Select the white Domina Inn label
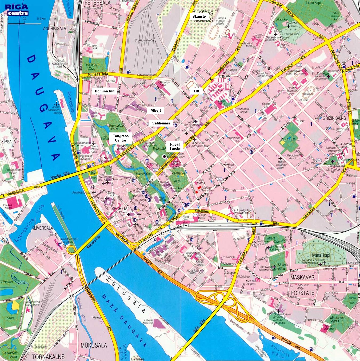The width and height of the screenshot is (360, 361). [x=105, y=91]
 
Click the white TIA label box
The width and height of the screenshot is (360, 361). [x=196, y=91]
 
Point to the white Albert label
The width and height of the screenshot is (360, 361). [x=155, y=110]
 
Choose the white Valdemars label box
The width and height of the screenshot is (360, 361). [x=161, y=123]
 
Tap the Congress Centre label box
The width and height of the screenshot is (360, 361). [x=121, y=138]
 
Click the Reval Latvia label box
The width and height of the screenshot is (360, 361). [x=175, y=147]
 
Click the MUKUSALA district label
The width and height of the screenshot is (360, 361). [x=94, y=345]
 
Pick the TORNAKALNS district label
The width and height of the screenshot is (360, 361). [x=48, y=356]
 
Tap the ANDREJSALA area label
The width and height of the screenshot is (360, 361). [x=55, y=28]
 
